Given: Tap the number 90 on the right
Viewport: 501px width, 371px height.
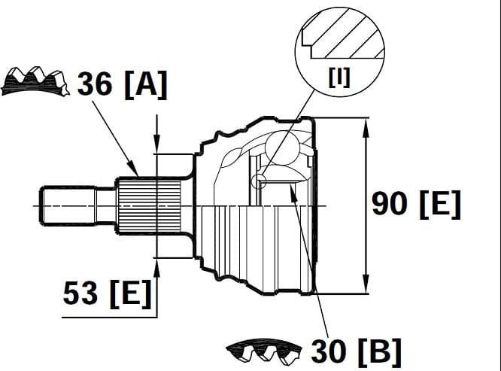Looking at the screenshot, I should tap(390, 203).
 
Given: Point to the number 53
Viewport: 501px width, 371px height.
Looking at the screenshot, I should tap(81, 293).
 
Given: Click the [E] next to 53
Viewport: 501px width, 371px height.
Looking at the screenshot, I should tap(129, 293).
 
